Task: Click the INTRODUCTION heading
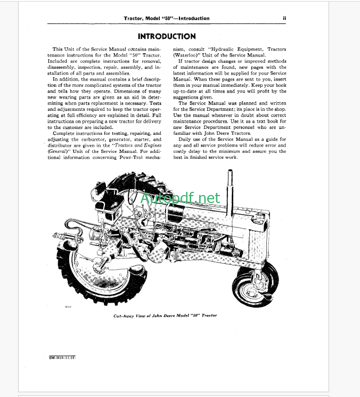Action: click(x=167, y=36)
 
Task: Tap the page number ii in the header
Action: click(x=285, y=18)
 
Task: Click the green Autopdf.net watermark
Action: click(x=181, y=199)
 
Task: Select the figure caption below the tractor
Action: click(x=165, y=315)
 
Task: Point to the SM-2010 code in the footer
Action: click(x=59, y=357)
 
